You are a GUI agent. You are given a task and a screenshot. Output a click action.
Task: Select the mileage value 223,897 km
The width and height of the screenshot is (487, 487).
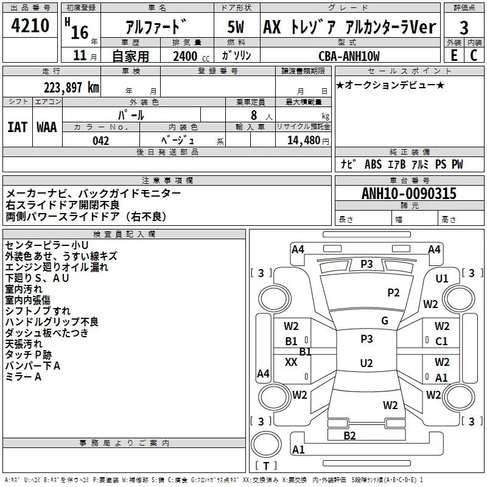click(x=71, y=87)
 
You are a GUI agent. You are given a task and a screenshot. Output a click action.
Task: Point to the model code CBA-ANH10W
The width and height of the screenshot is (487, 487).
click(x=349, y=56)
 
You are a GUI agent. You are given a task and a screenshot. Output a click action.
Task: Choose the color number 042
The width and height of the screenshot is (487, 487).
click(x=101, y=141)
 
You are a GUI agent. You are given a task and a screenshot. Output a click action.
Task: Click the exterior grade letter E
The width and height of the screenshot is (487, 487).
click(x=454, y=55)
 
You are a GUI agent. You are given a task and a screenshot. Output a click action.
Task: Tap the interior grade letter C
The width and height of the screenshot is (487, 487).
click(x=474, y=55)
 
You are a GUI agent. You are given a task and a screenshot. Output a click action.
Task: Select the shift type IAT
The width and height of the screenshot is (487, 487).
click(x=17, y=127)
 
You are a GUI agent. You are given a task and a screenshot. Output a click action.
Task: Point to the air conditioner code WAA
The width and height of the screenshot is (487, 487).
click(x=47, y=127)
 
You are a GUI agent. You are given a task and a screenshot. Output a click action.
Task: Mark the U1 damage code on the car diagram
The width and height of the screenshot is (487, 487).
click(x=441, y=278)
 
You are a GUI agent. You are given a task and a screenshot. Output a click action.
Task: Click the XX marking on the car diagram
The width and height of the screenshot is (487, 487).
click(x=291, y=362)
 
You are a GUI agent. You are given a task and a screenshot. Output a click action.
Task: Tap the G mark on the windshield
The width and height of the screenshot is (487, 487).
click(x=385, y=321)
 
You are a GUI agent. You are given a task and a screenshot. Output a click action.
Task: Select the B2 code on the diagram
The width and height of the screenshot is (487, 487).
click(x=349, y=435)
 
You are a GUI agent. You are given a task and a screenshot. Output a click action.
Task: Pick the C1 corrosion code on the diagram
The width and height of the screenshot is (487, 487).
click(x=441, y=342)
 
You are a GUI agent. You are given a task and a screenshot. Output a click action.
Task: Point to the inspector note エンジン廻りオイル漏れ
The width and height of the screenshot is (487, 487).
click(x=57, y=267)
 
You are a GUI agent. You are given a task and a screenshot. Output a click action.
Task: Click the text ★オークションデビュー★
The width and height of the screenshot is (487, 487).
click(x=390, y=85)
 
